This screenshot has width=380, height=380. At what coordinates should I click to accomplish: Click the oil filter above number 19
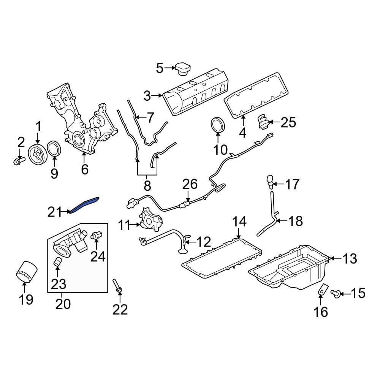click(26, 271)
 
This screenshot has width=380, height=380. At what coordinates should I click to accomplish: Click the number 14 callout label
click(239, 221)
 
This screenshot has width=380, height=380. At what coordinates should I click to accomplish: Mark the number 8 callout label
click(147, 186)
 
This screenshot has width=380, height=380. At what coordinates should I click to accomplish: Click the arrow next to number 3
click(157, 96)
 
